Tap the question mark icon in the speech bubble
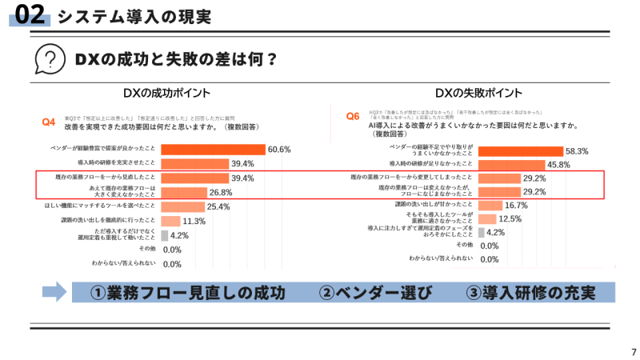[50, 59]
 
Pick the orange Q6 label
[353, 117]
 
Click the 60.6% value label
[279, 150]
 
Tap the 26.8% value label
[220, 193]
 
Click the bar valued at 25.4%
[183, 207]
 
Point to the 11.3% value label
[194, 222]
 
